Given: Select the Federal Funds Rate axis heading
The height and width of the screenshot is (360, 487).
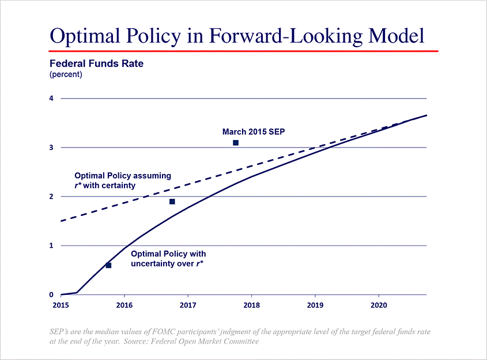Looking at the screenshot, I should tap(96, 64).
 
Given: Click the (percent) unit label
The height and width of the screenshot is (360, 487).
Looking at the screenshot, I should tap(66, 74).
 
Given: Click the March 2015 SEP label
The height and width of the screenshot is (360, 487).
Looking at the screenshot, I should tap(254, 132).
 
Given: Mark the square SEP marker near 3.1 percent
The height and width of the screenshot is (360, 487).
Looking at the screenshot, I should tap(236, 142).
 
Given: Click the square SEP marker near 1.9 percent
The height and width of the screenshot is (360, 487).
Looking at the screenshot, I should tap(172, 202).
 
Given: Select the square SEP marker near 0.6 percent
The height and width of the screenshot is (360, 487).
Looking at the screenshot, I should tap(108, 266).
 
